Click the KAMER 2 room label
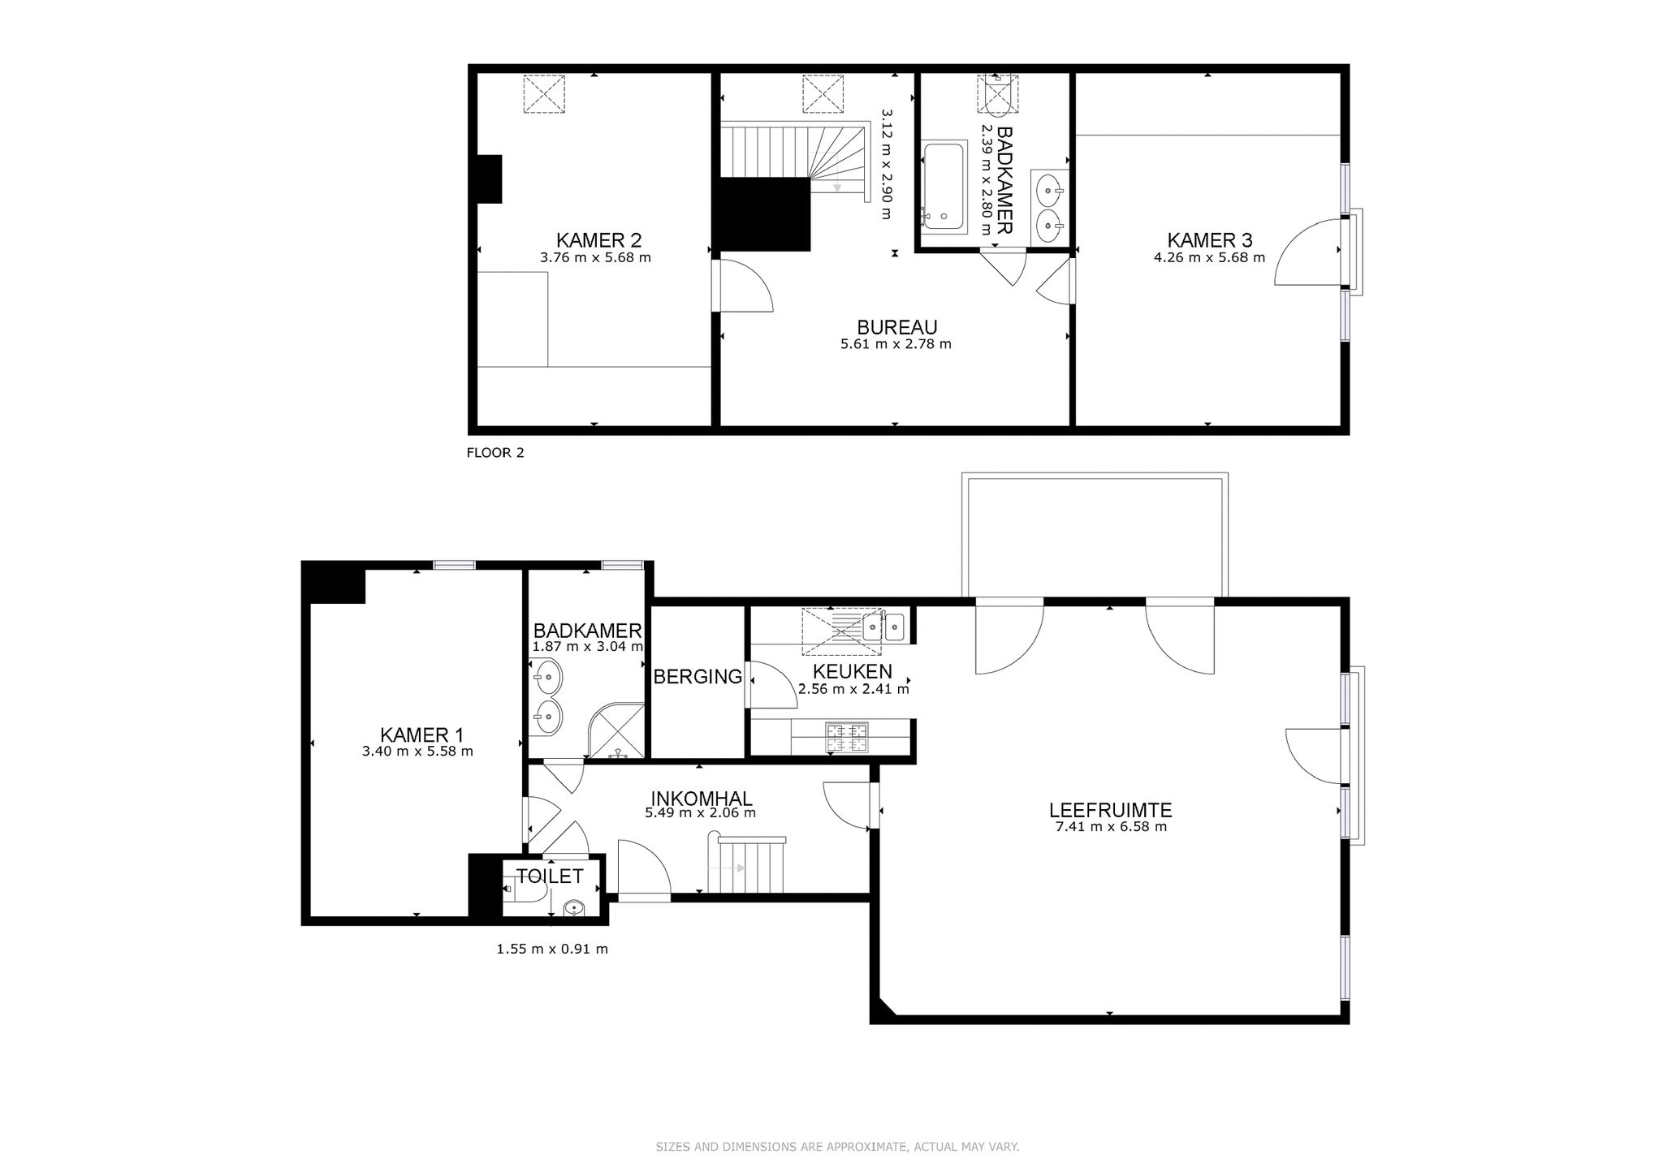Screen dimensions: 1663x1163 tap(598, 240)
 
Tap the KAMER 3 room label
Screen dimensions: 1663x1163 tap(1209, 240)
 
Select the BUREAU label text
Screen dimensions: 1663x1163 tap(897, 327)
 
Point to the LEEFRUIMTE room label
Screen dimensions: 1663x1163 tap(1110, 810)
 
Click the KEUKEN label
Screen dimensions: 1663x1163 tap(853, 671)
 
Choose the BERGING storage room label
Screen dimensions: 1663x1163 tap(698, 676)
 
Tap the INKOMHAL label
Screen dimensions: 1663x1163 tap(702, 799)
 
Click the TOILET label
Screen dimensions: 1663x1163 tap(551, 877)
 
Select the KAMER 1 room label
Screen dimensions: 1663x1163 tap(421, 734)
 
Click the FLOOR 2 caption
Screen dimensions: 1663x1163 tap(495, 453)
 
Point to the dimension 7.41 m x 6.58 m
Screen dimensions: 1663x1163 tap(1110, 827)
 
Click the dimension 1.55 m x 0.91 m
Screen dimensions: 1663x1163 tap(552, 949)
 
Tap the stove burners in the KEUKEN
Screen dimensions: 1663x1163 tap(847, 738)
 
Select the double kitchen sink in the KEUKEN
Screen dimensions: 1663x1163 tap(883, 626)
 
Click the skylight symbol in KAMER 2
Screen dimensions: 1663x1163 tap(544, 94)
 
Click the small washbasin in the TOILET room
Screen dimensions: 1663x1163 tap(574, 908)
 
